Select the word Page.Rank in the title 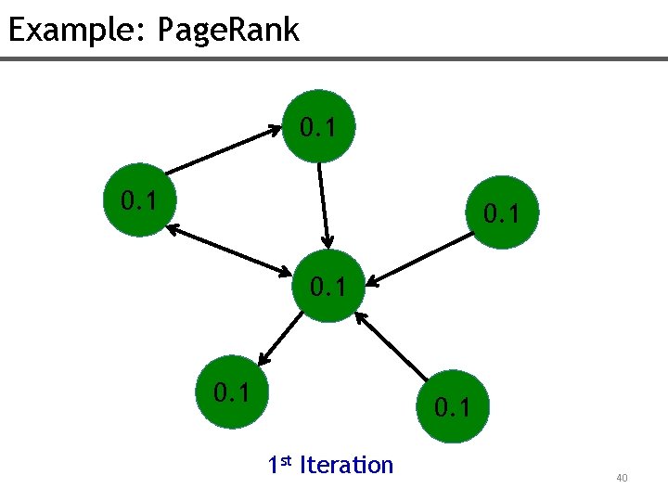point(228,30)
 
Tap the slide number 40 point(622,478)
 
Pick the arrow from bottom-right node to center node point(394,349)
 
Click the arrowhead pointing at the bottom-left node point(263,357)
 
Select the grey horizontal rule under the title point(334,59)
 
